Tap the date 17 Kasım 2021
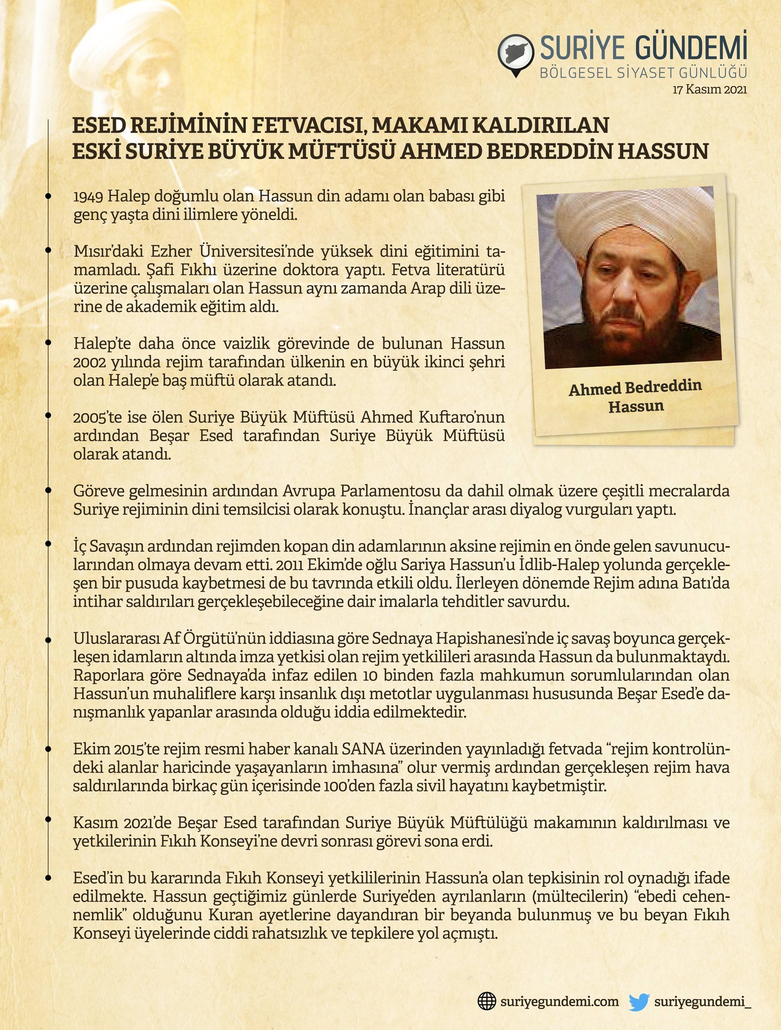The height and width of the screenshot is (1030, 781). pyautogui.click(x=709, y=90)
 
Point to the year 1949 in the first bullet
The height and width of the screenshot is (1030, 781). pyautogui.click(x=88, y=196)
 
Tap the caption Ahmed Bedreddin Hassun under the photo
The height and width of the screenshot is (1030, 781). pyautogui.click(x=635, y=396)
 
